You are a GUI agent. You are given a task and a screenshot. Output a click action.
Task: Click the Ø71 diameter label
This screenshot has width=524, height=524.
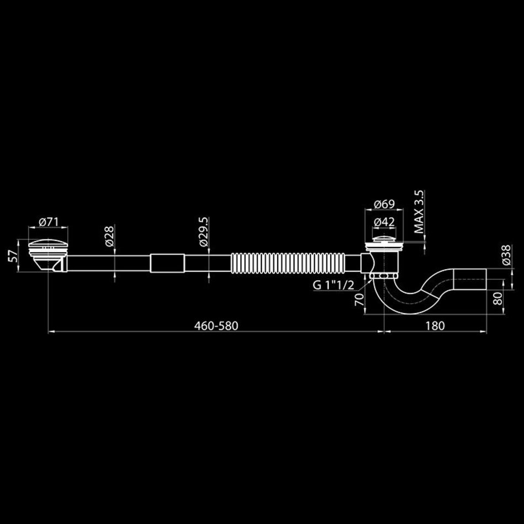pyautogui.click(x=49, y=222)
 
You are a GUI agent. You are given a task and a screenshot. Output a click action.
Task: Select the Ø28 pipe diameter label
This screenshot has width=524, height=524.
pyautogui.click(x=110, y=236)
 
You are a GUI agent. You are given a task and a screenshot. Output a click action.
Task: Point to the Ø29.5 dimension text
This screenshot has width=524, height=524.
pyautogui.click(x=204, y=232)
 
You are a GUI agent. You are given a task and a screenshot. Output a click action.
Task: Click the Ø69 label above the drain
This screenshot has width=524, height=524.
pyautogui.click(x=384, y=204)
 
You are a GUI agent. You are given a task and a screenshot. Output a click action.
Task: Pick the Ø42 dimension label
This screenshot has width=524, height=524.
pyautogui.click(x=384, y=222)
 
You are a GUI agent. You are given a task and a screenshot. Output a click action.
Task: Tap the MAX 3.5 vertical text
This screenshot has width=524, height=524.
pyautogui.click(x=419, y=212)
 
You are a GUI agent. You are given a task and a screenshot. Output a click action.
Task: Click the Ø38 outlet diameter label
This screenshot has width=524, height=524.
pyautogui.click(x=506, y=255)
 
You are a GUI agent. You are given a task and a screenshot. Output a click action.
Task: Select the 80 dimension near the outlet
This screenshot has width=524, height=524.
pyautogui.click(x=498, y=298)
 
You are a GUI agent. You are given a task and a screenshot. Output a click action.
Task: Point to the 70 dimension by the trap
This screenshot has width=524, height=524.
pyautogui.click(x=359, y=300)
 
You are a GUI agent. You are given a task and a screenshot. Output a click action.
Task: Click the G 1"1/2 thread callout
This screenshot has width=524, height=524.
pyautogui.click(x=333, y=285)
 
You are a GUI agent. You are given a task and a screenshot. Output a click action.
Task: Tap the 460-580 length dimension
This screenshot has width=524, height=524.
pyautogui.click(x=216, y=325)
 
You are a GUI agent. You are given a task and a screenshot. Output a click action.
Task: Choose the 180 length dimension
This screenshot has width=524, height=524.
pyautogui.click(x=435, y=325)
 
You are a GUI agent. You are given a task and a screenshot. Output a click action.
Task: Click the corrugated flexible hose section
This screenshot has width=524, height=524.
pyautogui.click(x=288, y=263)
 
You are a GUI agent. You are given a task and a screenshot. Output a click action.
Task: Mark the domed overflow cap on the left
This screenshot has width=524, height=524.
pyautogui.click(x=48, y=243)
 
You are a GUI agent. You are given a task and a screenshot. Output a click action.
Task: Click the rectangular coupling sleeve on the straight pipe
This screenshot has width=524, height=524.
pyautogui.click(x=167, y=263)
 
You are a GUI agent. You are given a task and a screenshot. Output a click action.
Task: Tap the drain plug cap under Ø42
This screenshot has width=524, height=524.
pyautogui.click(x=384, y=239)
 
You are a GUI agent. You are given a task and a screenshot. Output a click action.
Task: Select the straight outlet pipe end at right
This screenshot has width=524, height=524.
pyautogui.click(x=469, y=279)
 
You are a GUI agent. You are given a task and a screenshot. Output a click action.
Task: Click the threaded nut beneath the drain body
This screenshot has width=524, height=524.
pyautogui.click(x=384, y=275)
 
